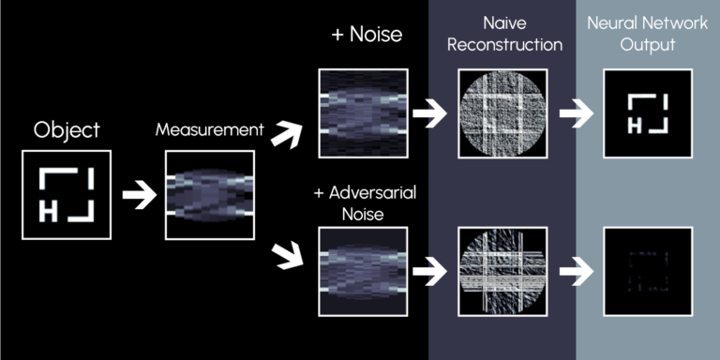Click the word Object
(66, 130)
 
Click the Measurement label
(209, 130)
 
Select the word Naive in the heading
(502, 20)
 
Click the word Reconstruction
(502, 44)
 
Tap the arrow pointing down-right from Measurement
(286, 253)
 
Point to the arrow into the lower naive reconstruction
(432, 273)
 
